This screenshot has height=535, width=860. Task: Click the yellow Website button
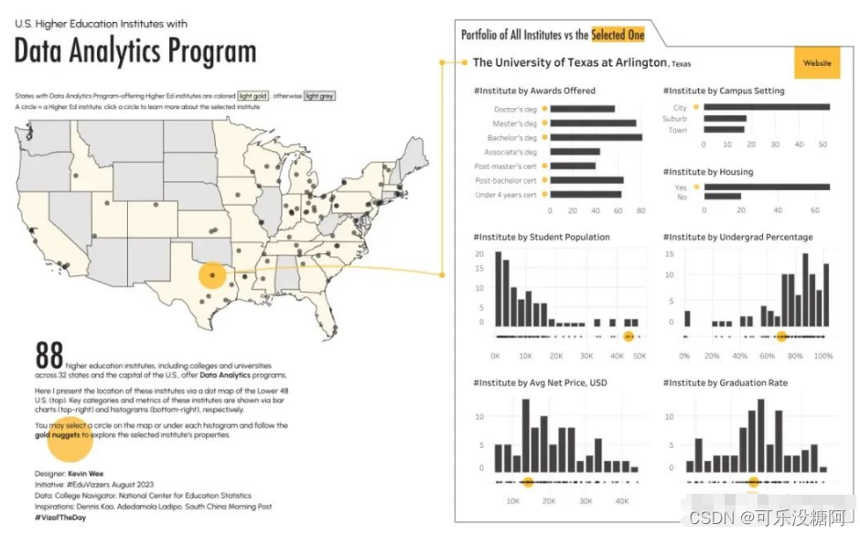point(817,63)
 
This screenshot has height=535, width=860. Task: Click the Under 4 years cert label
point(505,195)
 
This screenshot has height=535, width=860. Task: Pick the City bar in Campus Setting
point(766,107)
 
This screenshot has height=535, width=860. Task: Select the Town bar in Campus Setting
point(724,130)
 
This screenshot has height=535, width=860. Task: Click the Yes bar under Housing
point(766,187)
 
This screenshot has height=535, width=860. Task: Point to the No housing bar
point(722,197)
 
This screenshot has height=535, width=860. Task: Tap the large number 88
point(48,356)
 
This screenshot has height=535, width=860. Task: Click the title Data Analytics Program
point(135,51)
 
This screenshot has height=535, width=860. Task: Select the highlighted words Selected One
point(618,35)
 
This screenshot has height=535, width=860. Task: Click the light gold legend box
point(253,95)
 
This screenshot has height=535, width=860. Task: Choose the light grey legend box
point(319,95)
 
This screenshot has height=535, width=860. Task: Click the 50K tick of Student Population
point(640,355)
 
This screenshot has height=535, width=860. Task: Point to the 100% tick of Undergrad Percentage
point(823,355)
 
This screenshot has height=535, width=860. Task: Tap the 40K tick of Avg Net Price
point(621,500)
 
